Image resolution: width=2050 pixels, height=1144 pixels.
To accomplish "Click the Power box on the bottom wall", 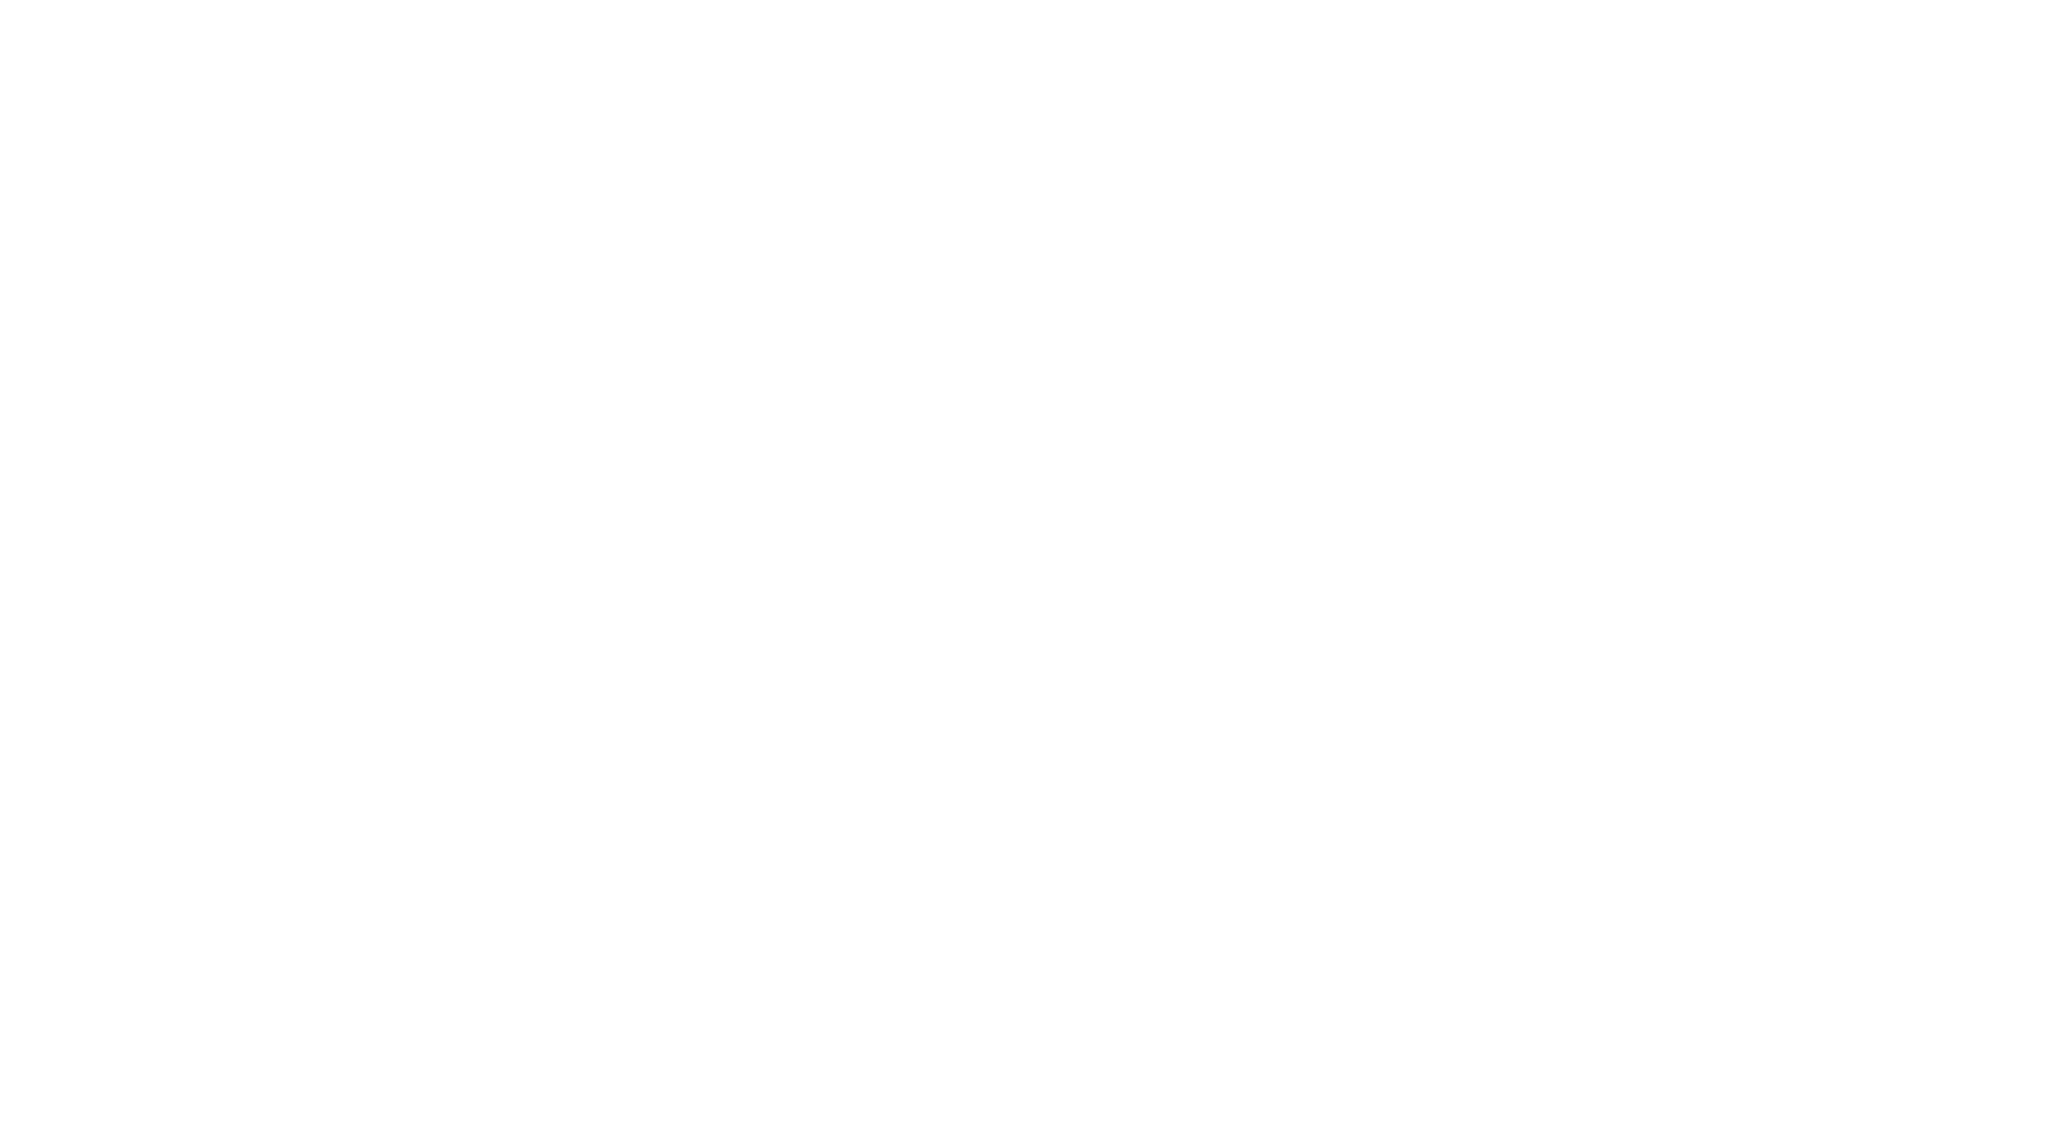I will click(1169, 952).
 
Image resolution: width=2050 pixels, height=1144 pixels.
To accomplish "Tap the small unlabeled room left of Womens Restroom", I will click(1708, 243).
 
